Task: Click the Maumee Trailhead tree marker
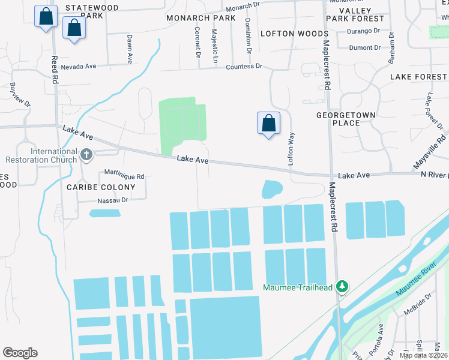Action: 342,286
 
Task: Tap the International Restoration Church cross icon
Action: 86,155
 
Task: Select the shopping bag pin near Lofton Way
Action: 268,124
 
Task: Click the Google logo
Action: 20,353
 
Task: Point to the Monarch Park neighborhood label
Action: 201,18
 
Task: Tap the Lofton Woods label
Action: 294,34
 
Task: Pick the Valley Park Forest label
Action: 355,15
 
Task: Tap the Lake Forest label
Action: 418,77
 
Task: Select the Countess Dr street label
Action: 244,66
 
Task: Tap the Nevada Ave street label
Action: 78,67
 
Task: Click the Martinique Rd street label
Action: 124,176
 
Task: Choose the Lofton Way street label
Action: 291,149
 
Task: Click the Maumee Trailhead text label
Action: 298,287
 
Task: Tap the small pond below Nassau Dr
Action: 104,212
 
